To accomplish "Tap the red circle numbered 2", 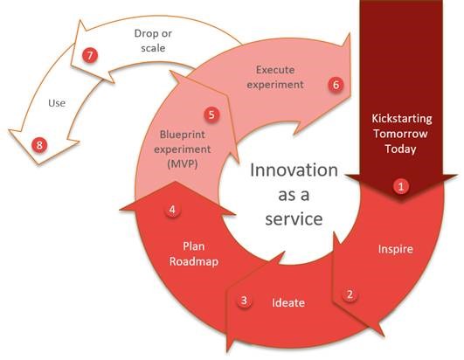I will click(x=350, y=294).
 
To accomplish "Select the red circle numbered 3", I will click(x=245, y=301).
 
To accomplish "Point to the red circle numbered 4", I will click(x=173, y=210).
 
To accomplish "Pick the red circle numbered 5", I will click(x=211, y=114).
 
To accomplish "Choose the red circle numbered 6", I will click(x=334, y=85).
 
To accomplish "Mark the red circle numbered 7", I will click(x=88, y=54).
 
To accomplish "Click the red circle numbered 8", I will click(x=38, y=144).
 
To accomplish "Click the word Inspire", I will click(x=396, y=249).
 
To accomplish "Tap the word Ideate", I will click(x=289, y=302).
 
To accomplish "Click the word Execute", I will click(x=275, y=68).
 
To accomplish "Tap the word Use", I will click(x=57, y=103).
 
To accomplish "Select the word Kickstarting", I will click(x=402, y=117).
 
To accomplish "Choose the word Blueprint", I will click(x=182, y=135).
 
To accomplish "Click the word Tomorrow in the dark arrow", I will click(x=402, y=133).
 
